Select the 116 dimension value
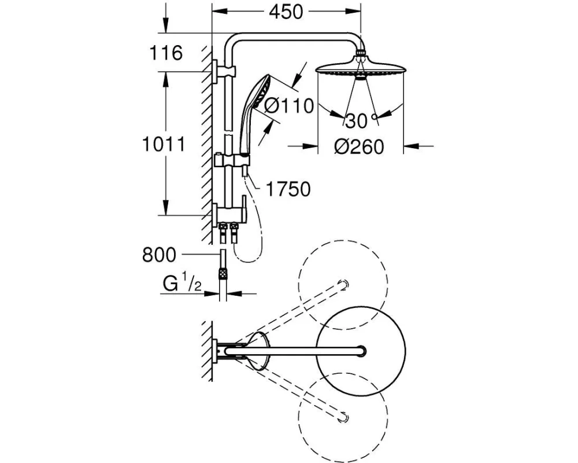[x=166, y=54]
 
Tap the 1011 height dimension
[x=164, y=144]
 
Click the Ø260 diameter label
[x=359, y=147]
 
